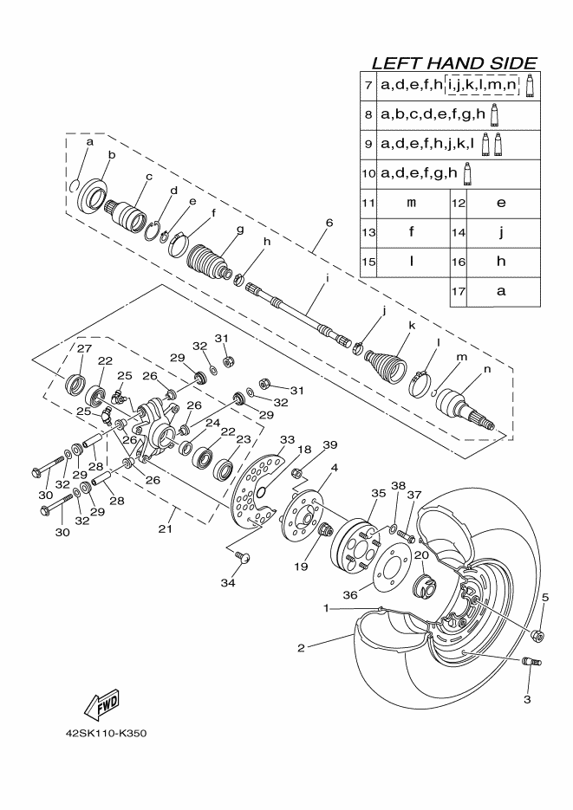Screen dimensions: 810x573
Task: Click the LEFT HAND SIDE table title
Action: (453, 63)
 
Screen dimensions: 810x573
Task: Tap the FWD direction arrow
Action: (101, 703)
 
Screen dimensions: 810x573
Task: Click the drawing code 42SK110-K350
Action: (106, 734)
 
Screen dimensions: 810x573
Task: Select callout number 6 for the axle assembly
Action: (329, 223)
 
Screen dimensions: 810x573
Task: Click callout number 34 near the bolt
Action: (228, 584)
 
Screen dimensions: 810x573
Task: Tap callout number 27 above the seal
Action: (84, 348)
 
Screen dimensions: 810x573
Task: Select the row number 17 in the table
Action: (459, 291)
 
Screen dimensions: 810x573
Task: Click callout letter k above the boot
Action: (412, 326)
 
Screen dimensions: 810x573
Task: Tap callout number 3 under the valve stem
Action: (527, 697)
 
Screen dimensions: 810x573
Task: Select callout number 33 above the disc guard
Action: (287, 440)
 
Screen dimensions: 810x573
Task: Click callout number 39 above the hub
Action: (329, 444)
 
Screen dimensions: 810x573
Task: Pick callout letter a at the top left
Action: (89, 139)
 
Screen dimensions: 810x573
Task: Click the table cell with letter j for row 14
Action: (500, 232)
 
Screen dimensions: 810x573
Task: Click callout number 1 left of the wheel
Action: (327, 608)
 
